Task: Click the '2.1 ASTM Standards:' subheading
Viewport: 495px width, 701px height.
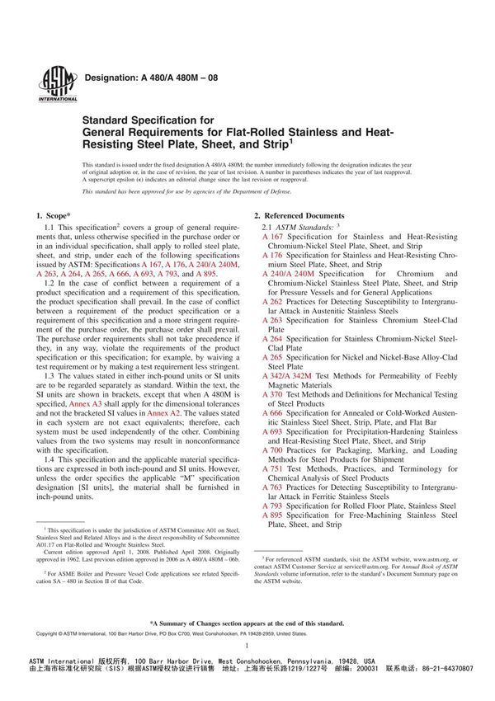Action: [x=295, y=225]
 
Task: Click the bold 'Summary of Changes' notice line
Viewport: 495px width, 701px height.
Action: [x=247, y=623]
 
